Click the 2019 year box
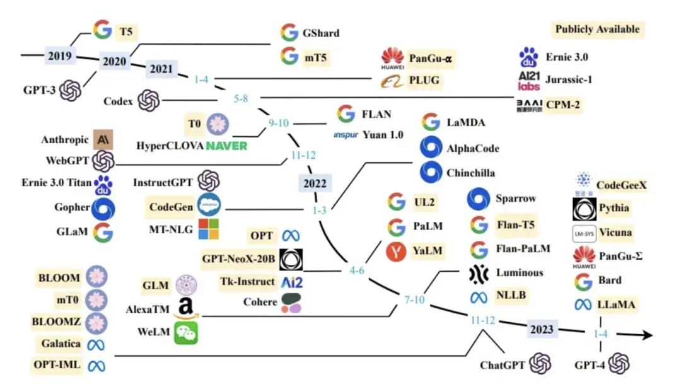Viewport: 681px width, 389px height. pyautogui.click(x=60, y=56)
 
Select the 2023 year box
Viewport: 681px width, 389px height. pyautogui.click(x=541, y=330)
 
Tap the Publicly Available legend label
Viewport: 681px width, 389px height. pyautogui.click(x=597, y=29)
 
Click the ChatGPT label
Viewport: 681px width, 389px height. pyautogui.click(x=503, y=364)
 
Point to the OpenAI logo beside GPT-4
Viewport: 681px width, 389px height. pyautogui.click(x=619, y=364)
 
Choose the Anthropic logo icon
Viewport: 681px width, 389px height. pyautogui.click(x=103, y=139)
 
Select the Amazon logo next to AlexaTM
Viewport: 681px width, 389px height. pyautogui.click(x=186, y=308)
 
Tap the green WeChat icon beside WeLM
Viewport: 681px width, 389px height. pyautogui.click(x=186, y=332)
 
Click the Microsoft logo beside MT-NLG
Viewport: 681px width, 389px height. pyautogui.click(x=209, y=229)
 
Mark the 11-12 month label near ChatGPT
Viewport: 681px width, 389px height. pyautogui.click(x=484, y=321)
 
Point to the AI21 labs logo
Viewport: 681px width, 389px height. pyautogui.click(x=528, y=81)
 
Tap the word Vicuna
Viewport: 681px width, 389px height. pyautogui.click(x=615, y=232)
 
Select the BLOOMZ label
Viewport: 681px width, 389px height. pyautogui.click(x=56, y=321)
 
